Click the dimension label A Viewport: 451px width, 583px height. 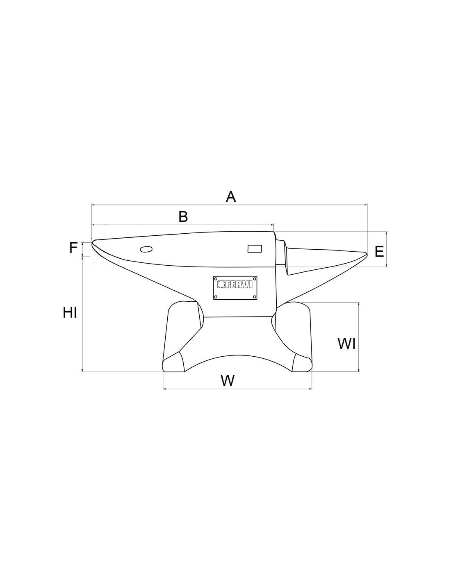(x=230, y=197)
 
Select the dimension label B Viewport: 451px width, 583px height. (x=183, y=217)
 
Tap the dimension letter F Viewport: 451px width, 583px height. (x=73, y=248)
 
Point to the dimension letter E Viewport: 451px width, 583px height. (x=379, y=252)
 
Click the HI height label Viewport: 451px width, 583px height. (x=70, y=313)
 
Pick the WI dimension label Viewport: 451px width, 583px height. (x=346, y=344)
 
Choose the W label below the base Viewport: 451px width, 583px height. (x=228, y=380)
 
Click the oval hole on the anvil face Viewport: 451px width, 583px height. (x=146, y=249)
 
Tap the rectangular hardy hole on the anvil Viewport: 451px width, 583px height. (x=255, y=249)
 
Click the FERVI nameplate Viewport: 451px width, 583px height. (x=235, y=288)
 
